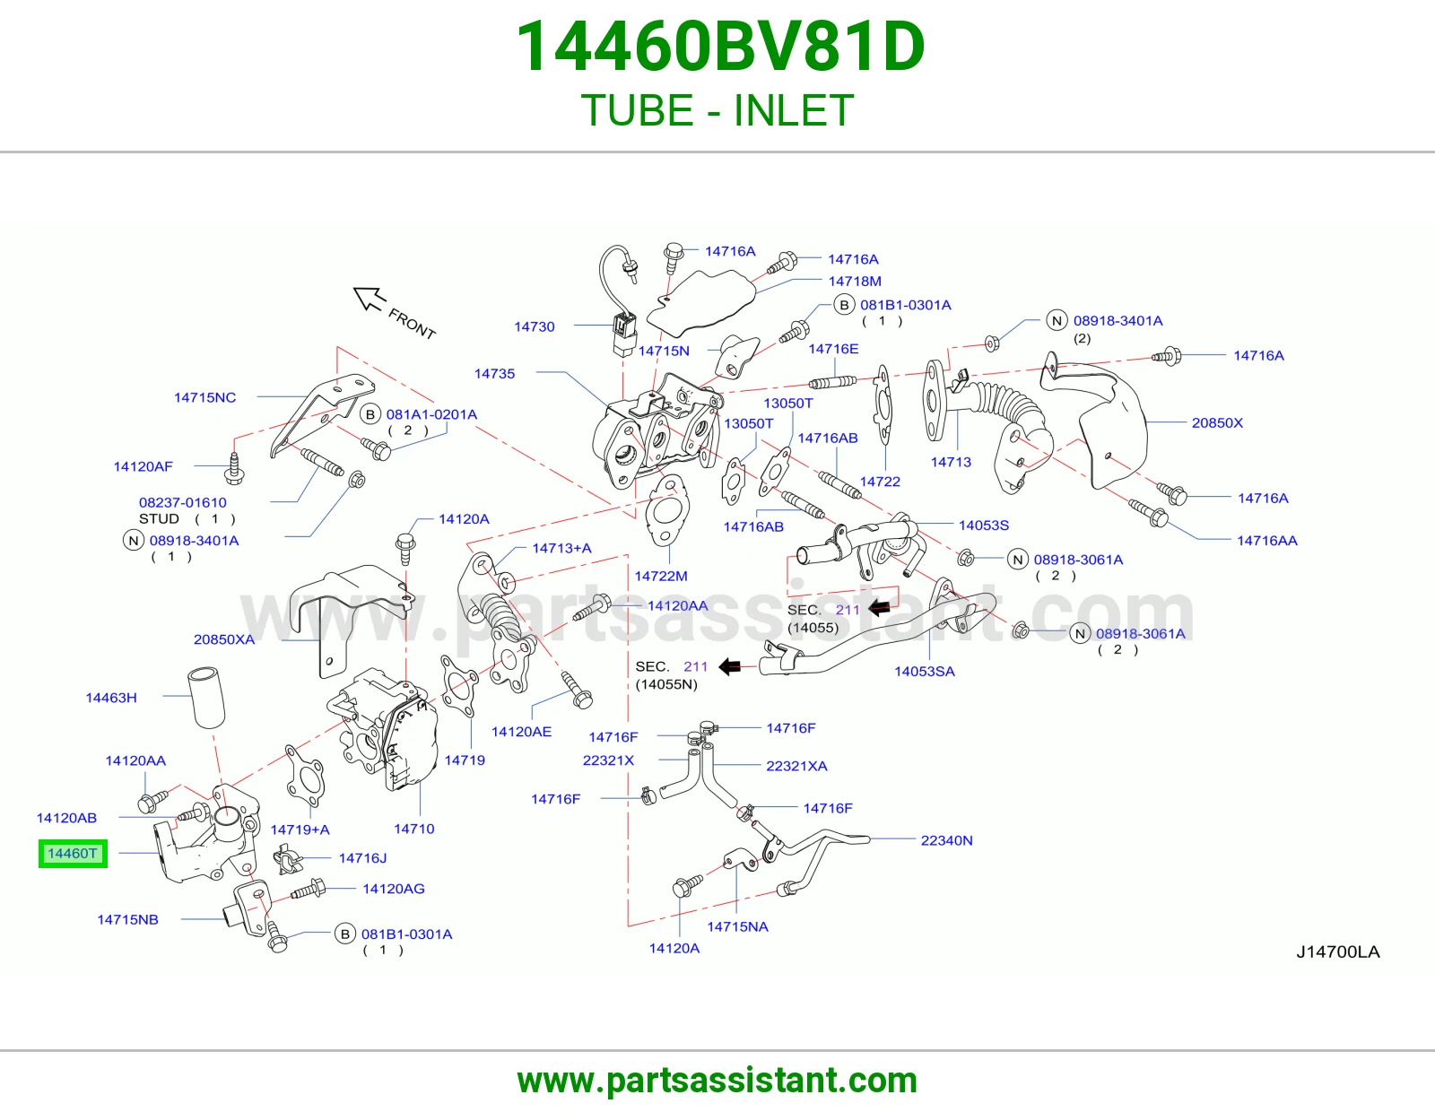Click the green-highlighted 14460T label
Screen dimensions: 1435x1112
pyautogui.click(x=73, y=853)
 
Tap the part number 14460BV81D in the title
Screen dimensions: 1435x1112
pyautogui.click(x=720, y=47)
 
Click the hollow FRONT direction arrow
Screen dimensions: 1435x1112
pyautogui.click(x=369, y=299)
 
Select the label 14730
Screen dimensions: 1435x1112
pyautogui.click(x=535, y=326)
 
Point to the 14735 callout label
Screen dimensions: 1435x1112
pyautogui.click(x=494, y=373)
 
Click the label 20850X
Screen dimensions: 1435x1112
pyautogui.click(x=1217, y=422)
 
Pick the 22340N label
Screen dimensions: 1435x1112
pyautogui.click(x=946, y=840)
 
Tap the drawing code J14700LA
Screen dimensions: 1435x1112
pyautogui.click(x=1337, y=951)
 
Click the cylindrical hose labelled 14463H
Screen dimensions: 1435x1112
pyautogui.click(x=206, y=698)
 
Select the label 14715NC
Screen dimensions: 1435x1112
pyautogui.click(x=204, y=397)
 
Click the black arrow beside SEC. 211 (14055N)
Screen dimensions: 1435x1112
pyautogui.click(x=730, y=666)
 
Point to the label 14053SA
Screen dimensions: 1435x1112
pyautogui.click(x=925, y=671)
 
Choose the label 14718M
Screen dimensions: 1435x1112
pyautogui.click(x=855, y=281)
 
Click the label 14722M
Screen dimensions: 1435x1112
pyautogui.click(x=661, y=576)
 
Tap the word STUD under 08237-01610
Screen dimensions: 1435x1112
pyautogui.click(x=159, y=518)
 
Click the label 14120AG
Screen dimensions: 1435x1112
pyautogui.click(x=394, y=888)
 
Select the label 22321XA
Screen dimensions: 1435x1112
pyautogui.click(x=796, y=766)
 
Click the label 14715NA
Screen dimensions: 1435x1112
pyautogui.click(x=737, y=926)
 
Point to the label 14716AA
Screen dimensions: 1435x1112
pyautogui.click(x=1266, y=540)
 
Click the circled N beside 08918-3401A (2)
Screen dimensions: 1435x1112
pyautogui.click(x=1057, y=321)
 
